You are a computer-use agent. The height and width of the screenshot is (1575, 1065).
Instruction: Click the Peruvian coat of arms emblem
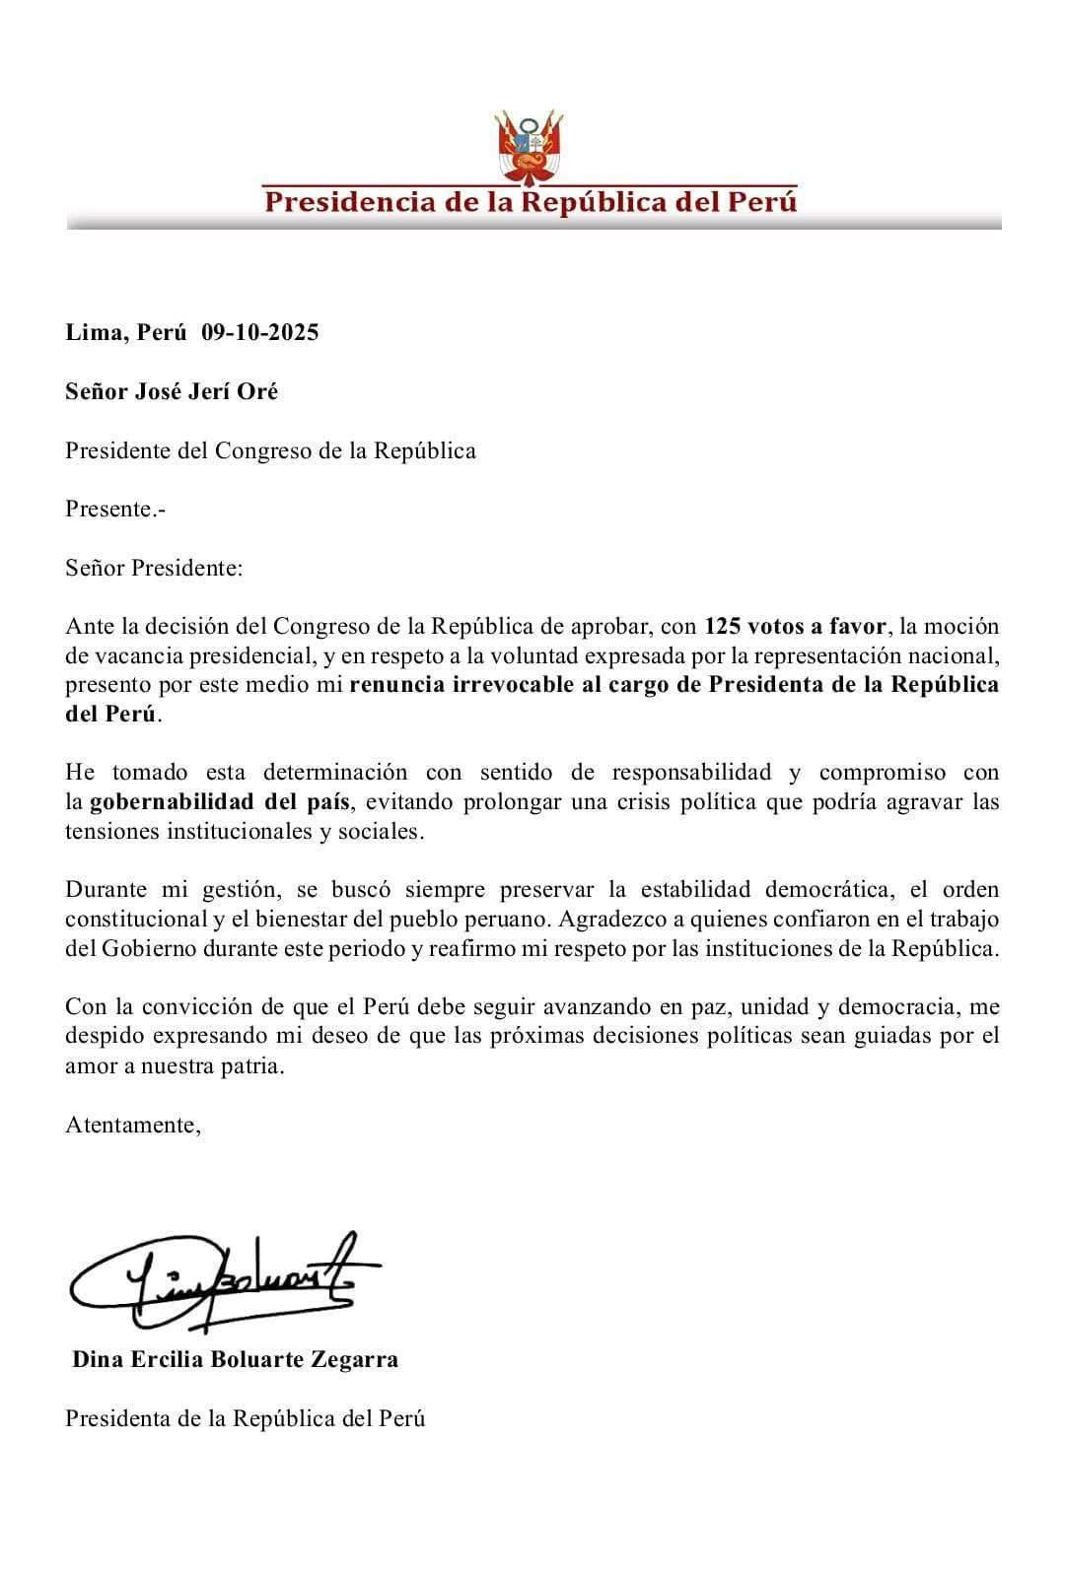point(532,148)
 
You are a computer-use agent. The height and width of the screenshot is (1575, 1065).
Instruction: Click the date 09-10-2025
point(260,332)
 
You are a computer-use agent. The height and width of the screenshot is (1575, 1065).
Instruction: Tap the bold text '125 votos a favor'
point(795,626)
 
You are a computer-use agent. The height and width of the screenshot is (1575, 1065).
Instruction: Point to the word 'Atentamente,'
point(133,1125)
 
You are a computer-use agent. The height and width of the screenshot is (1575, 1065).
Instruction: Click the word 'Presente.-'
point(115,510)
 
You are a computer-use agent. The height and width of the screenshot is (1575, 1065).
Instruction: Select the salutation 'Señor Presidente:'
point(154,568)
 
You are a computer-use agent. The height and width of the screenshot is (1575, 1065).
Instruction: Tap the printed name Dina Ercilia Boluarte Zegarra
point(236,1359)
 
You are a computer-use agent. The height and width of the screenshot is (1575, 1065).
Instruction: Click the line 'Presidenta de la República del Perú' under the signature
point(246,1418)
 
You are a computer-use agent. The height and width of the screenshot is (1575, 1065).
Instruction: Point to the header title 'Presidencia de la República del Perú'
point(532,203)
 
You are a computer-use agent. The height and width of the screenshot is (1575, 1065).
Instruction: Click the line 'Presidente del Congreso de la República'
point(271,450)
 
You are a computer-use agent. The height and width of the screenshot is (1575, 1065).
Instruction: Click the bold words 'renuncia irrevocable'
point(451,685)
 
